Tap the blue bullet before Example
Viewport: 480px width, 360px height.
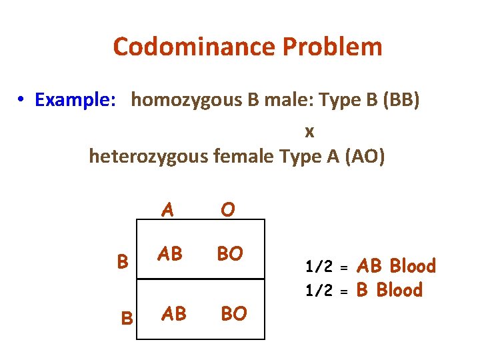(22, 100)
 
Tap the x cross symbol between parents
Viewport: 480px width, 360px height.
(309, 132)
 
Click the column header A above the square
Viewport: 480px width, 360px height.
(168, 210)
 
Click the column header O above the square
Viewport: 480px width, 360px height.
(227, 210)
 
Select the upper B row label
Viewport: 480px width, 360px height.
(123, 261)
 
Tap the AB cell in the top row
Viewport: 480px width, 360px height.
(169, 254)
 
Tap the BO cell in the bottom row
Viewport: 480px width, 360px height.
(233, 313)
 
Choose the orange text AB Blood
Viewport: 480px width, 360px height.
(396, 267)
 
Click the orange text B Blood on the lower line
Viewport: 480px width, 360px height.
(389, 291)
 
